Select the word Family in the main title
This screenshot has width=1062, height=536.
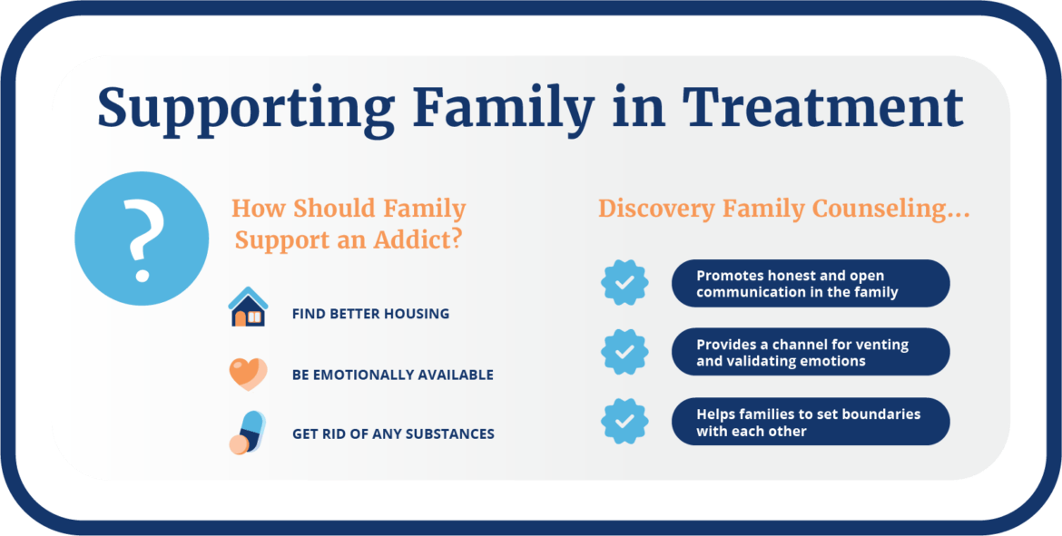click(503, 108)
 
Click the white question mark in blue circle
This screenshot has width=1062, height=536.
click(142, 239)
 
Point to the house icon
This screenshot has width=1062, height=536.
click(248, 307)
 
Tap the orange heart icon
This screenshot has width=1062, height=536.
click(247, 373)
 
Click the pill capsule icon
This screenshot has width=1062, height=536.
click(246, 432)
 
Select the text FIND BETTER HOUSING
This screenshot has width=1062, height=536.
click(370, 314)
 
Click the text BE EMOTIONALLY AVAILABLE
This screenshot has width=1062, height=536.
click(392, 375)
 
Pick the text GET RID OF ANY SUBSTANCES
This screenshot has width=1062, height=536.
click(393, 434)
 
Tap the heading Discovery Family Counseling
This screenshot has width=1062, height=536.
click(783, 209)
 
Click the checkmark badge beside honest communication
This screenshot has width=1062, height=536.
click(624, 283)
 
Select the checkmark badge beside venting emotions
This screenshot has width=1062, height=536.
click(624, 352)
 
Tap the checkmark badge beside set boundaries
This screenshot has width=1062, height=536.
click(624, 421)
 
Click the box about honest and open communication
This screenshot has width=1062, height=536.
click(810, 283)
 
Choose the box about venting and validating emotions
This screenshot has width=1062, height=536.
click(810, 352)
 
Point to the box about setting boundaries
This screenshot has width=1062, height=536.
click(810, 421)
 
